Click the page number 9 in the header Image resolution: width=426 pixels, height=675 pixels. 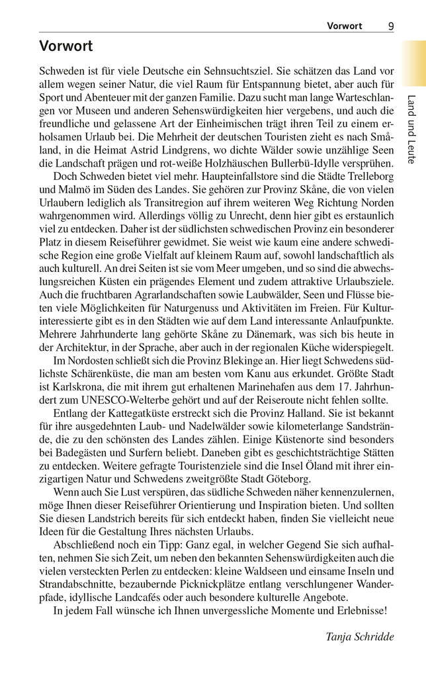click(391, 26)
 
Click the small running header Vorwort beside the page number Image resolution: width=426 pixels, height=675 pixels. click(345, 26)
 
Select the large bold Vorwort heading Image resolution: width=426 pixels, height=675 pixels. click(65, 46)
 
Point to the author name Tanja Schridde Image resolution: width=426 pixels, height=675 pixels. click(360, 637)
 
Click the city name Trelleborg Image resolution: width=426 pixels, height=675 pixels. click(364, 178)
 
